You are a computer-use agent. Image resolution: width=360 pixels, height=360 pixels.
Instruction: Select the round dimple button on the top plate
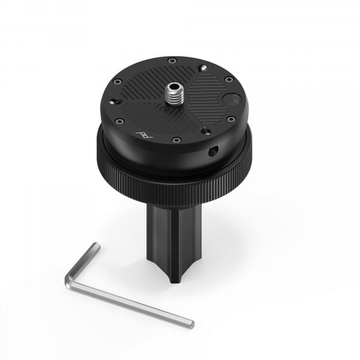click(231, 99)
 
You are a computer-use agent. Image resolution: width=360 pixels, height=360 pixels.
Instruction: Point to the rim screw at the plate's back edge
click(172, 60)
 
